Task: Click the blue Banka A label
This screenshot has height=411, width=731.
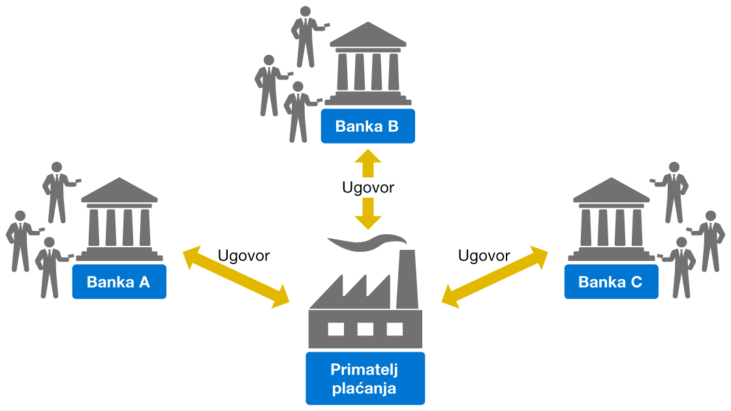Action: [x=119, y=282]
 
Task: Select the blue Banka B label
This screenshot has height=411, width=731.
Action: [x=367, y=126]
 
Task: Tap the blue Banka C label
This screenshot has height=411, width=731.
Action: [x=611, y=282]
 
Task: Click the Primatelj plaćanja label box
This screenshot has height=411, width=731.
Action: [x=365, y=379]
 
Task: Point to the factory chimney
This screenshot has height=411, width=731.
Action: [x=407, y=277]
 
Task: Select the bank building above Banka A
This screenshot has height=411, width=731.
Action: [x=119, y=222]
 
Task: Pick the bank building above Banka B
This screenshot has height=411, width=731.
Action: [x=367, y=65]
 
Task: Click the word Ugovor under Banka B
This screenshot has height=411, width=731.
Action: [x=368, y=188]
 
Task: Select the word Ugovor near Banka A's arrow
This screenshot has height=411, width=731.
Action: [x=243, y=256]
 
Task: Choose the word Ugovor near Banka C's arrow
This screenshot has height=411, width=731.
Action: [x=484, y=256]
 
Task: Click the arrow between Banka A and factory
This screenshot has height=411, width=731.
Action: [x=236, y=277]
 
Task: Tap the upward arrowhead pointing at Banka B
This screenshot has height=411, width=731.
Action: [x=368, y=160]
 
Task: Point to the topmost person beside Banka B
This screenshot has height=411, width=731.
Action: [x=304, y=36]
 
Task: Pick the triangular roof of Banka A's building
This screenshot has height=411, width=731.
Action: [x=119, y=190]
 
